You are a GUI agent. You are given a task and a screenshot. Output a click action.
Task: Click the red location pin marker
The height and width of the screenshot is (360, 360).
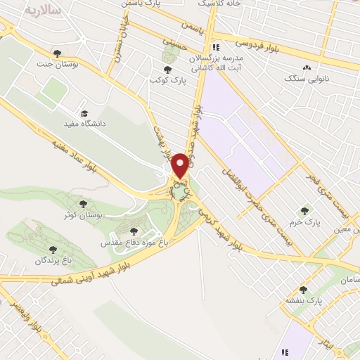[x=180, y=166]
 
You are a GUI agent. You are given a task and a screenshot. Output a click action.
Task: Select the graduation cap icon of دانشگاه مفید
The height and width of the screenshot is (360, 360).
[x=84, y=112]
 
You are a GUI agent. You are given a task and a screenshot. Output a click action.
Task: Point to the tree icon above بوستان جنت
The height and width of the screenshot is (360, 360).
[x=58, y=53]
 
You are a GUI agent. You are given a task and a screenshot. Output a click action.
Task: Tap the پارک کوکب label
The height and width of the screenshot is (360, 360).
[x=167, y=80]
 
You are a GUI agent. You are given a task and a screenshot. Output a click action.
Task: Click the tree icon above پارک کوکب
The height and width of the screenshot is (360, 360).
[x=167, y=69]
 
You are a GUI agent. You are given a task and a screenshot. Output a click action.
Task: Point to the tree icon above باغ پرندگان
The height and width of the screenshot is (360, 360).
[x=53, y=248]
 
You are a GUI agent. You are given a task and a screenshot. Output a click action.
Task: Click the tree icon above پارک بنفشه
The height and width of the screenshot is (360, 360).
[x=304, y=290]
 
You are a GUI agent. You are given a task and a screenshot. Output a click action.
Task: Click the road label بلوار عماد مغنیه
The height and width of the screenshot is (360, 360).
[x=77, y=154]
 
